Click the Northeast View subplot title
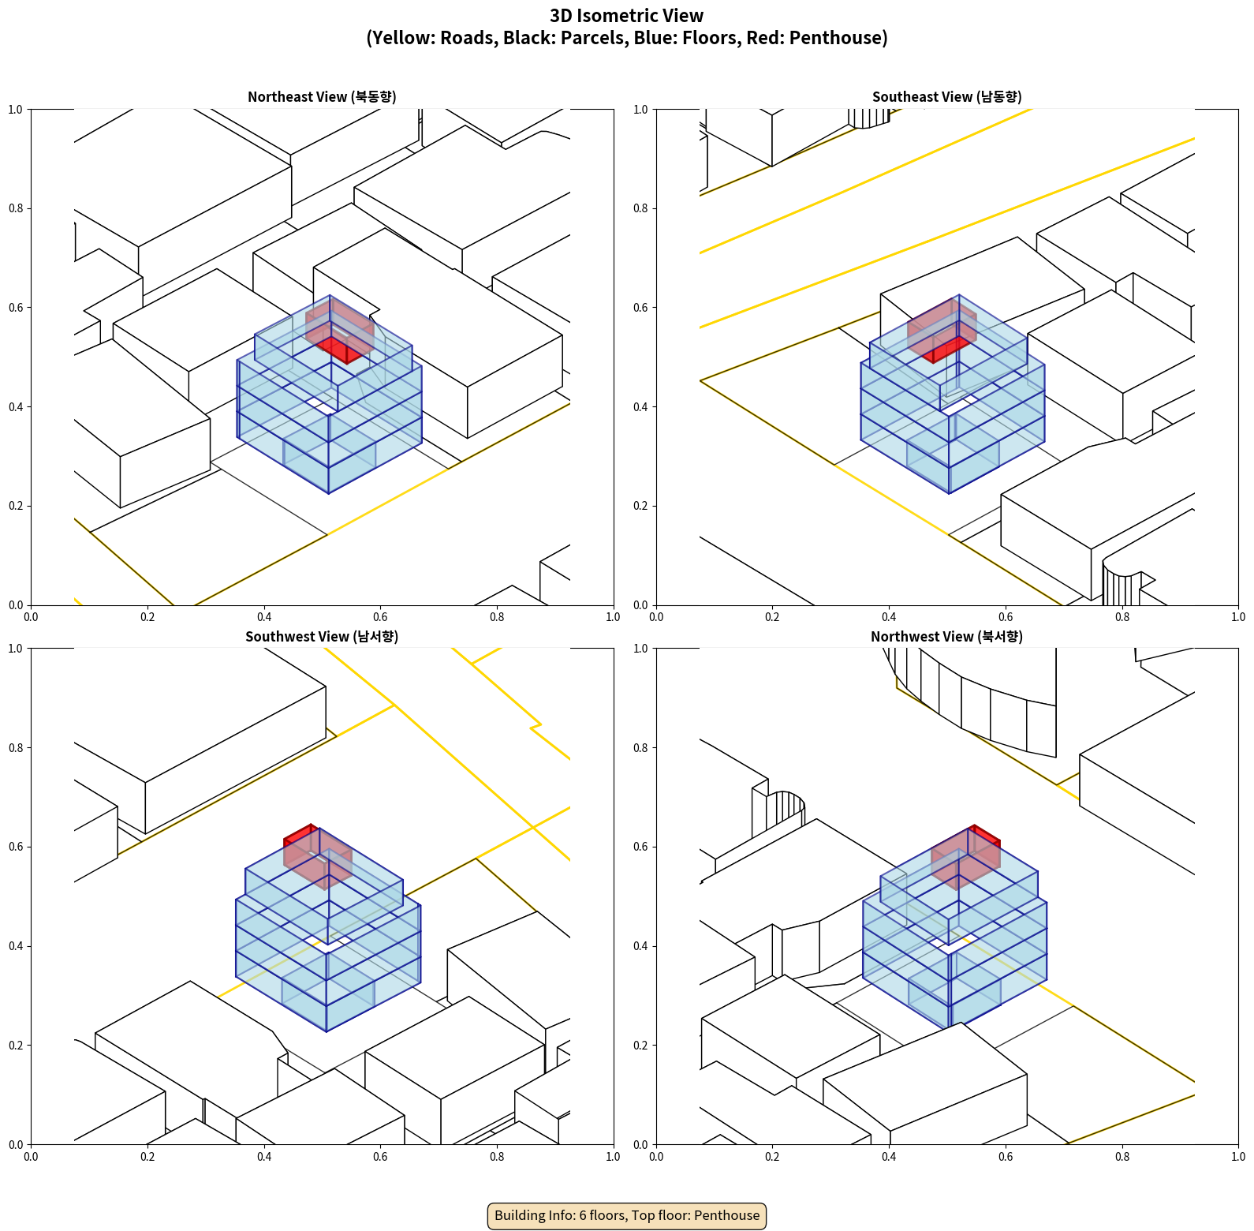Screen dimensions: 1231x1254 click(322, 97)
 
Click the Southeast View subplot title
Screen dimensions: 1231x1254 click(946, 97)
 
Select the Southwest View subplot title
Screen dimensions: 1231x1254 click(322, 637)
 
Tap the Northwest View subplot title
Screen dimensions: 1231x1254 click(946, 637)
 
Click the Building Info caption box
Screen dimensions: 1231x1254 click(627, 1215)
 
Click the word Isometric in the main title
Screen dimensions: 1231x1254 click(617, 16)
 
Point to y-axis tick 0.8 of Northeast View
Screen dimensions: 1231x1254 click(16, 208)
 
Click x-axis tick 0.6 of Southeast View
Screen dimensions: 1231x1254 click(1006, 617)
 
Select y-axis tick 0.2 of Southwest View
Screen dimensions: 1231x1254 click(16, 1046)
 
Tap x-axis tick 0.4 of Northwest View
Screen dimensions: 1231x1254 click(889, 1157)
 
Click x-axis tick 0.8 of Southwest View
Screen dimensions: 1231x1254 click(497, 1157)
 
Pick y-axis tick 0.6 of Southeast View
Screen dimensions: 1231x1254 click(640, 308)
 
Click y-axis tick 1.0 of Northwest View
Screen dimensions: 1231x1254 click(640, 649)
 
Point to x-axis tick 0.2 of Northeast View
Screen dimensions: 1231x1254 click(147, 617)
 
